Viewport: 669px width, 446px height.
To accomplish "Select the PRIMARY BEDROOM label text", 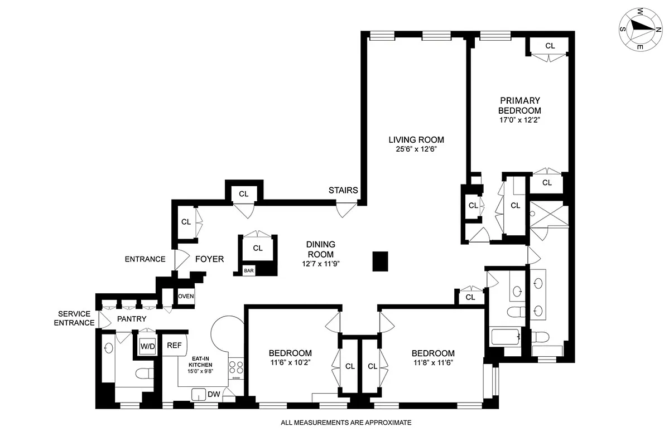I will pos(519,105).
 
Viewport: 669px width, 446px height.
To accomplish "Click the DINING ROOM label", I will pos(320,249).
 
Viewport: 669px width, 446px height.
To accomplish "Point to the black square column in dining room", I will pos(380,260).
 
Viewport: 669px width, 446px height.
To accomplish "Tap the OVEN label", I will pos(186,296).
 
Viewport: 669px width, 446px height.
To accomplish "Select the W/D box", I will pos(147,346).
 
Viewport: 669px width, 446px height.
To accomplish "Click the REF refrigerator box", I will pos(174,346).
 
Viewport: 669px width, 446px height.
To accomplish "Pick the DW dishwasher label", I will pos(214,394).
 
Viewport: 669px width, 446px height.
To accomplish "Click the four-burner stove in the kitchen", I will pos(236,368).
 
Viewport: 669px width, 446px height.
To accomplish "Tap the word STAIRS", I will pos(343,190).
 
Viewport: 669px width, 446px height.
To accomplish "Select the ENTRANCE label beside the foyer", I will pos(145,259).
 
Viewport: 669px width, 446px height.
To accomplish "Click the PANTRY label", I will pos(132,319).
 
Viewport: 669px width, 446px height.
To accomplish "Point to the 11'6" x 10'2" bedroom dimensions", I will pos(290,362).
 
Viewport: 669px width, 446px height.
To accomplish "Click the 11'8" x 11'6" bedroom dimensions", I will pos(432,362).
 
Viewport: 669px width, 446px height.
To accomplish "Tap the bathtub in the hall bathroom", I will pos(505,337).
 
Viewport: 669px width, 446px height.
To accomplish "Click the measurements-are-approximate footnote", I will pos(345,423).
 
